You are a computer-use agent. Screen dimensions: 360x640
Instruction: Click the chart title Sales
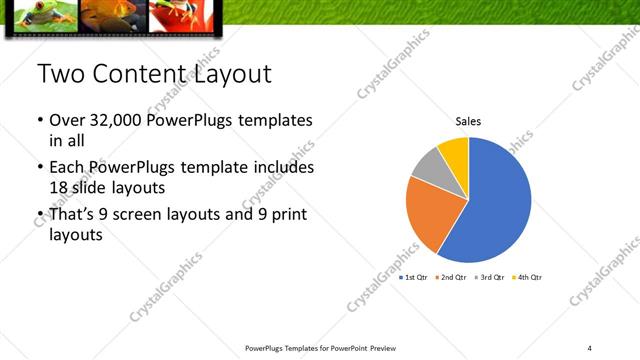point(468,121)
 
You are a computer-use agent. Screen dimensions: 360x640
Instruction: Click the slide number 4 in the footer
point(590,347)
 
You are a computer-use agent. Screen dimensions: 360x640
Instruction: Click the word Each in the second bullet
point(66,166)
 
